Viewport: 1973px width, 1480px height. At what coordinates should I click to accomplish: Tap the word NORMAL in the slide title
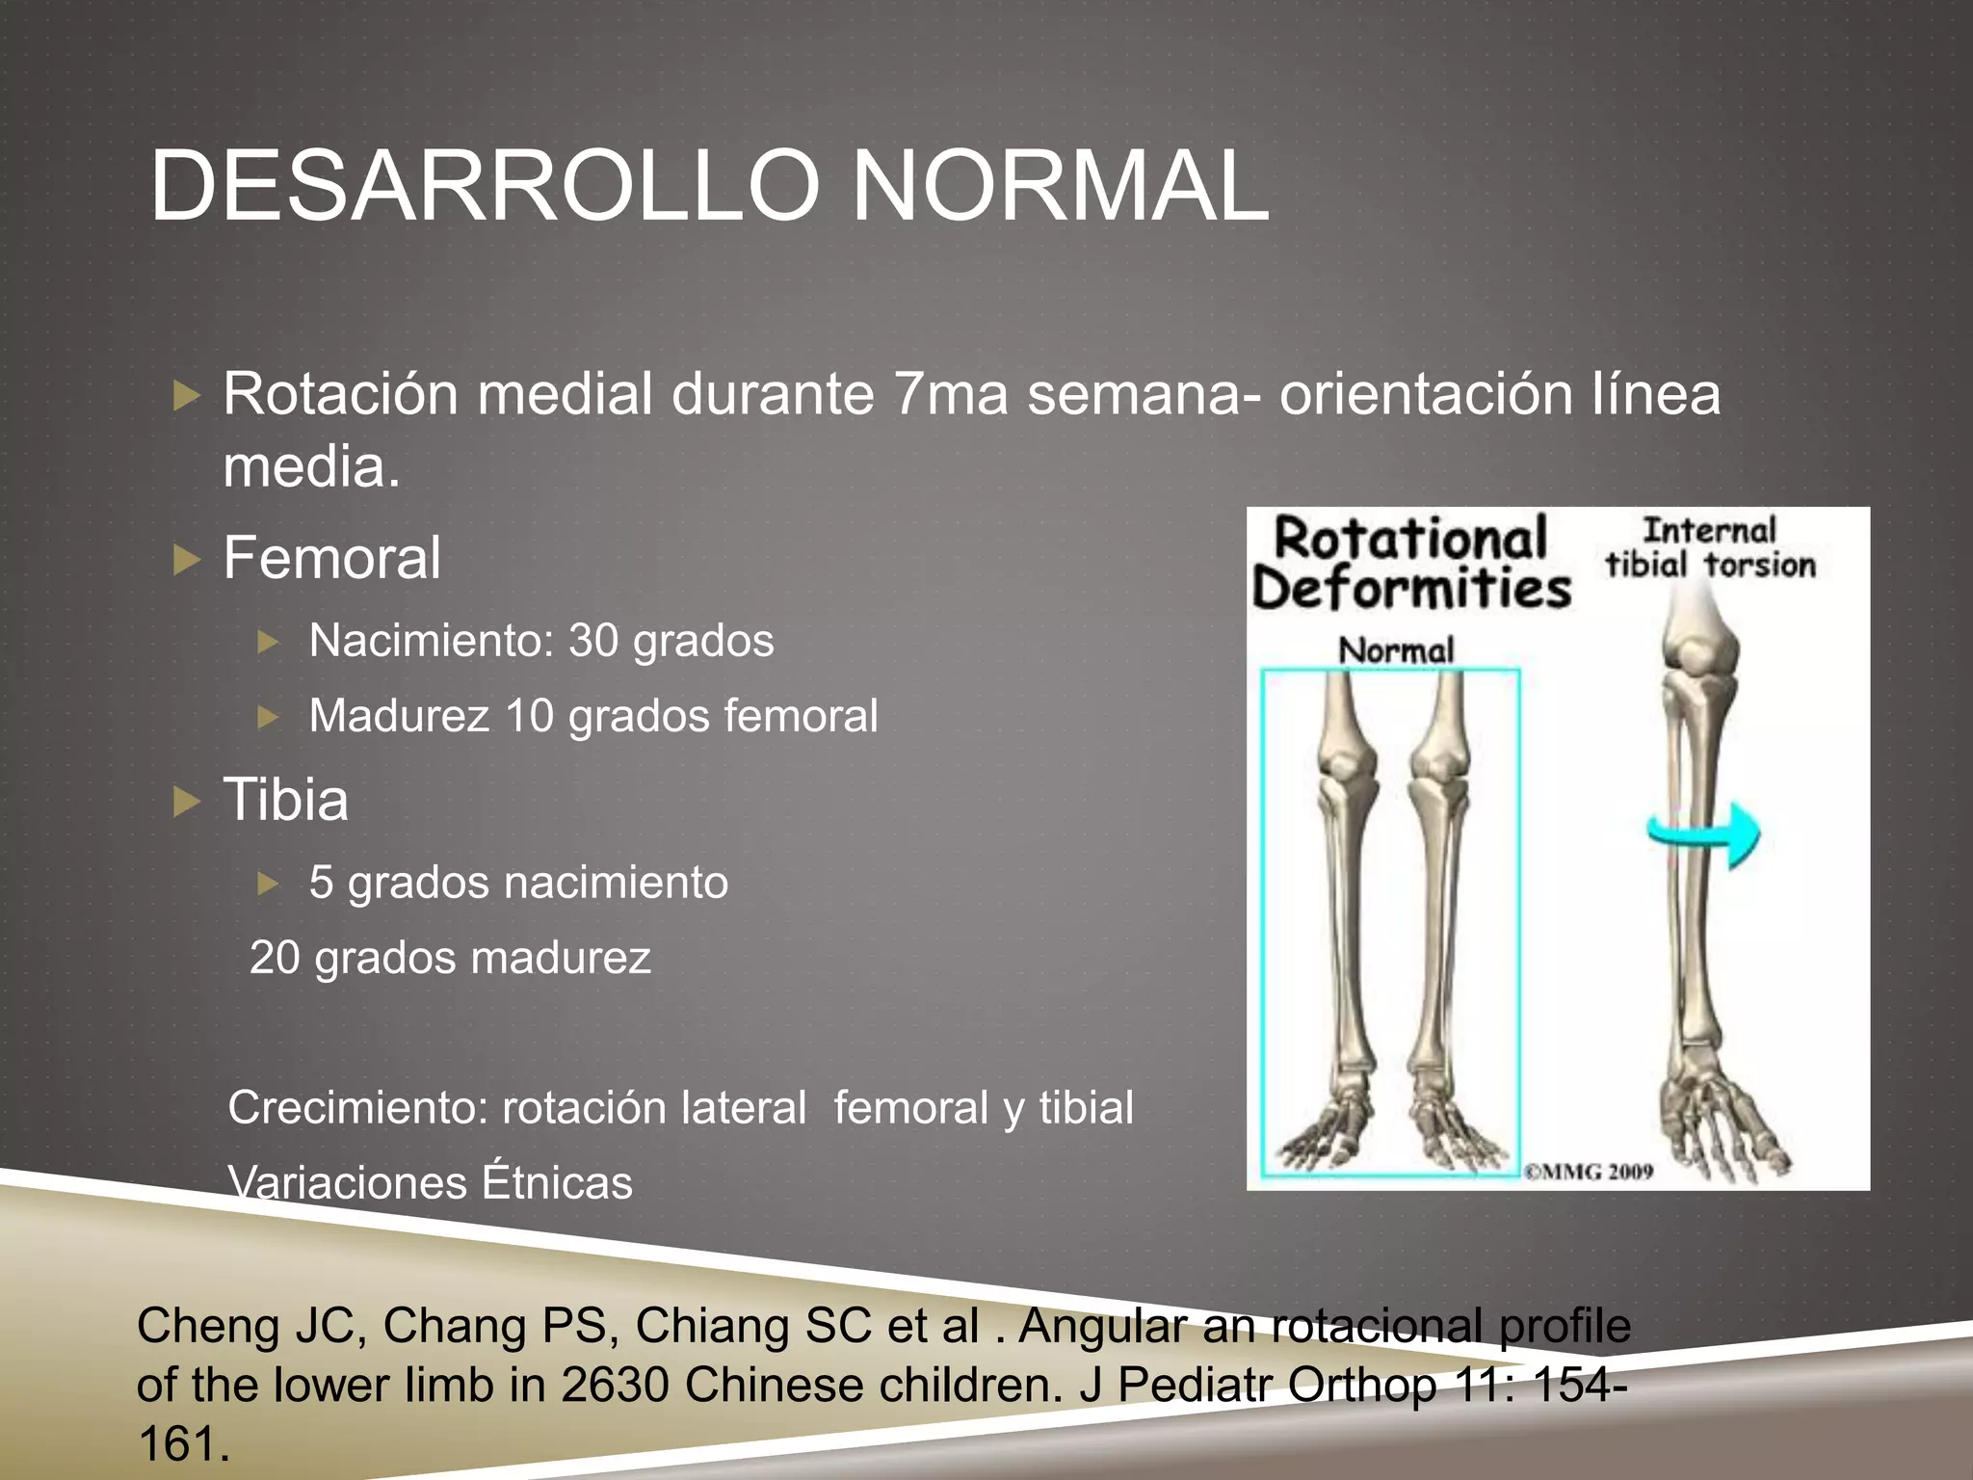coord(1060,186)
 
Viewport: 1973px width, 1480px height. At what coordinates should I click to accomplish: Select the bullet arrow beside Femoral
coord(186,559)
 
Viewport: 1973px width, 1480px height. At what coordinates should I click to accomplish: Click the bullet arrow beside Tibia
coord(186,801)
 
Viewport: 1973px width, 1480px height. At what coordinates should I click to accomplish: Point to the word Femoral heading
coord(332,558)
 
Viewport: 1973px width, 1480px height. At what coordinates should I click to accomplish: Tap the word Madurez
coord(399,716)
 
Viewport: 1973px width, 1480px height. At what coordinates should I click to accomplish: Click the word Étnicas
coord(557,1182)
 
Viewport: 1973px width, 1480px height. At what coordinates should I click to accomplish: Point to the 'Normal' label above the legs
coord(1396,650)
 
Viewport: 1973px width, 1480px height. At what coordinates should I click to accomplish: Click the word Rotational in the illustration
coord(1410,538)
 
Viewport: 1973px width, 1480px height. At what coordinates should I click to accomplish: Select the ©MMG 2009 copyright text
coord(1590,1172)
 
